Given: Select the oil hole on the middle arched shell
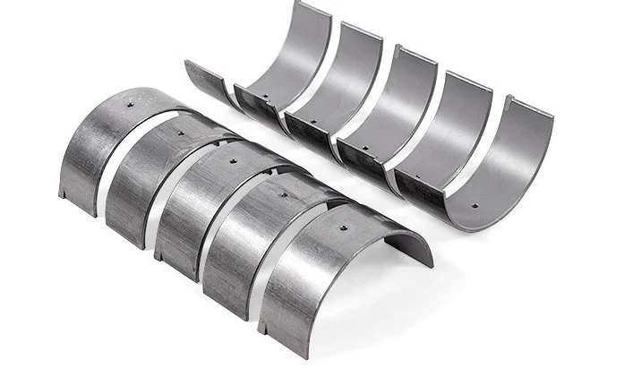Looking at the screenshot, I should [234, 162].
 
